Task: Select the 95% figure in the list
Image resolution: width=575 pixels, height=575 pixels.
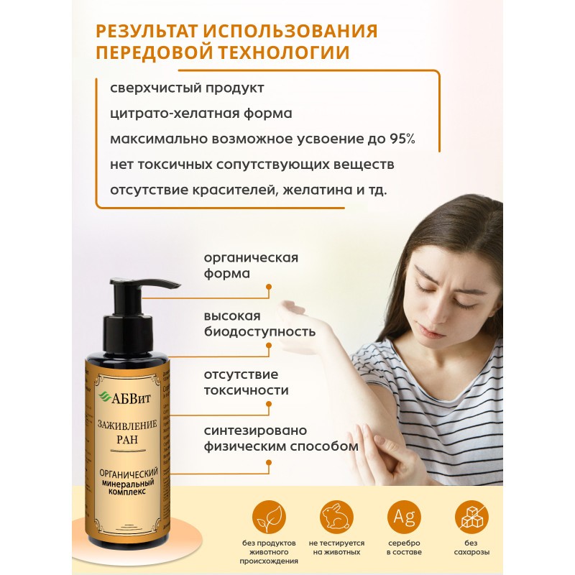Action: tap(400, 139)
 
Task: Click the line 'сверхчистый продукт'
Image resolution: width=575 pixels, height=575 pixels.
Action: tap(187, 88)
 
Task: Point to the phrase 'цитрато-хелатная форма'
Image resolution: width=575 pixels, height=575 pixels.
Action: tap(202, 113)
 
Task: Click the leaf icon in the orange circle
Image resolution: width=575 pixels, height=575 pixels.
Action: tap(269, 518)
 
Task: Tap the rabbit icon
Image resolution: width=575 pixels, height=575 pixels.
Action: tap(336, 518)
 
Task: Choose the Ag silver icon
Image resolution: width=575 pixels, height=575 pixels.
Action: tap(403, 517)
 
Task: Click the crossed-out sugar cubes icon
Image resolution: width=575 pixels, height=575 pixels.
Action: tap(471, 518)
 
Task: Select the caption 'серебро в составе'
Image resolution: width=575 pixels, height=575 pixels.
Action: tap(403, 550)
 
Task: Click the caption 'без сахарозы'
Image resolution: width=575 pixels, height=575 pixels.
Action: tap(471, 550)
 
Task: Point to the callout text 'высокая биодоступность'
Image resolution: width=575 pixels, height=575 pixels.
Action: tap(259, 324)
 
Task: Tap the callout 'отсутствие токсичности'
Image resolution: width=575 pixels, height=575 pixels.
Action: tap(245, 383)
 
